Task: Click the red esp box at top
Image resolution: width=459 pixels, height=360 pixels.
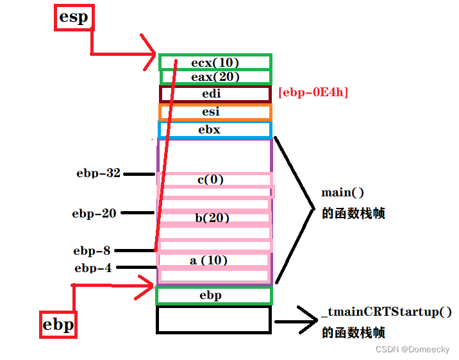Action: click(x=73, y=17)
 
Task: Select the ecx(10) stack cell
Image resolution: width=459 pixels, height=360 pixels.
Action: click(x=215, y=62)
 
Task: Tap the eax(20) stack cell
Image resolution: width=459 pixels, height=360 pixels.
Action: click(x=215, y=77)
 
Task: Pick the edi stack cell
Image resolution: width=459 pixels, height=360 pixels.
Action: click(x=215, y=94)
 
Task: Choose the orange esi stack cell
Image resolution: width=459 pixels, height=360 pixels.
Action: click(x=215, y=112)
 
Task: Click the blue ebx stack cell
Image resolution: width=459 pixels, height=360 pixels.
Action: click(x=215, y=130)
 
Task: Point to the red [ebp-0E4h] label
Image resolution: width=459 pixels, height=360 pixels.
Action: click(x=313, y=92)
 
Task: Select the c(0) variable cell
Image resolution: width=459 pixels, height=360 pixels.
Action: click(x=211, y=180)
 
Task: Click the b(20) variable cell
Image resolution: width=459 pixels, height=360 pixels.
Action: click(x=212, y=218)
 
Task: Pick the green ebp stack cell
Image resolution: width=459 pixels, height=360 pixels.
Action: click(x=213, y=295)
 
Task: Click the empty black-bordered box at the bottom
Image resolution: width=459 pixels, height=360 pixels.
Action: click(x=213, y=319)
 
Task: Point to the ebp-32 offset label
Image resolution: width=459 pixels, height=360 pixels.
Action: click(x=98, y=173)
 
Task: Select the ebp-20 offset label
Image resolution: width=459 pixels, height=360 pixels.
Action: click(x=94, y=213)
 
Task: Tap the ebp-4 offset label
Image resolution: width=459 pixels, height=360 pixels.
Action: click(x=93, y=268)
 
